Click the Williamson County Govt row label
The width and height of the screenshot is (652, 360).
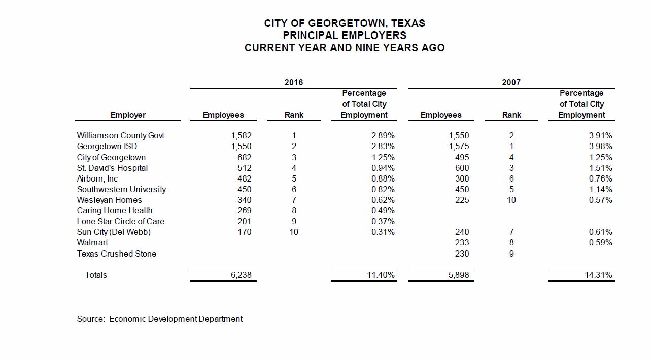click(x=121, y=136)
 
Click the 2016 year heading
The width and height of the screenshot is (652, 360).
click(x=294, y=82)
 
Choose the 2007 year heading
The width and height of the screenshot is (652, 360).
click(x=511, y=82)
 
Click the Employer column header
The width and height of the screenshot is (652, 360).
click(x=128, y=115)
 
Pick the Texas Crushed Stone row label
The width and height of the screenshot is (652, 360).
click(x=117, y=254)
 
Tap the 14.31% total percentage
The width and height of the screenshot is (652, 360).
click(x=599, y=275)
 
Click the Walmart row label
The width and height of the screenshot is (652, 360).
click(x=92, y=243)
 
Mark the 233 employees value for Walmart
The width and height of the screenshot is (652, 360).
click(x=462, y=243)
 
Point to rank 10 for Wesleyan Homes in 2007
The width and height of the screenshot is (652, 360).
click(x=511, y=200)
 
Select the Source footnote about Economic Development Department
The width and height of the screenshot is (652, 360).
click(x=160, y=319)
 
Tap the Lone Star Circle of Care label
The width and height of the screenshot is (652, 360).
click(x=121, y=222)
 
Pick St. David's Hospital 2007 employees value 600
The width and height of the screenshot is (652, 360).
click(x=462, y=168)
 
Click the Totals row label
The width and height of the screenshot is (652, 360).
click(x=96, y=275)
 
